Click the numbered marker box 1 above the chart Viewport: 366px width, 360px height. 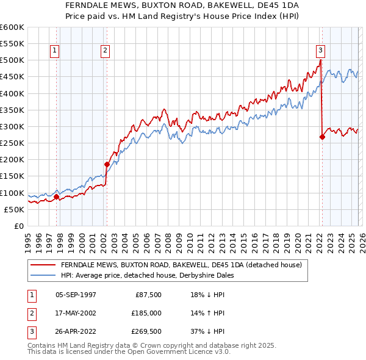click(56, 51)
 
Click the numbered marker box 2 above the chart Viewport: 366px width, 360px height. click(106, 51)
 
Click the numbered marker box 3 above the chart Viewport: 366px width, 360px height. click(320, 51)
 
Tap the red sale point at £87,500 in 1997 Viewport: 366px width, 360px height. click(57, 197)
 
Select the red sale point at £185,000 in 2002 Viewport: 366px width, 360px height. click(107, 164)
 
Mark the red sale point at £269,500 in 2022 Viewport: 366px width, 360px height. click(322, 137)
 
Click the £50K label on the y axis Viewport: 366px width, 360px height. click(14, 209)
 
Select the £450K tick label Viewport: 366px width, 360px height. click(12, 77)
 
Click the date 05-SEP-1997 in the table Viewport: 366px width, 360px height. click(76, 294)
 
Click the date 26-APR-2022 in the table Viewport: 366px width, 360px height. click(76, 332)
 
